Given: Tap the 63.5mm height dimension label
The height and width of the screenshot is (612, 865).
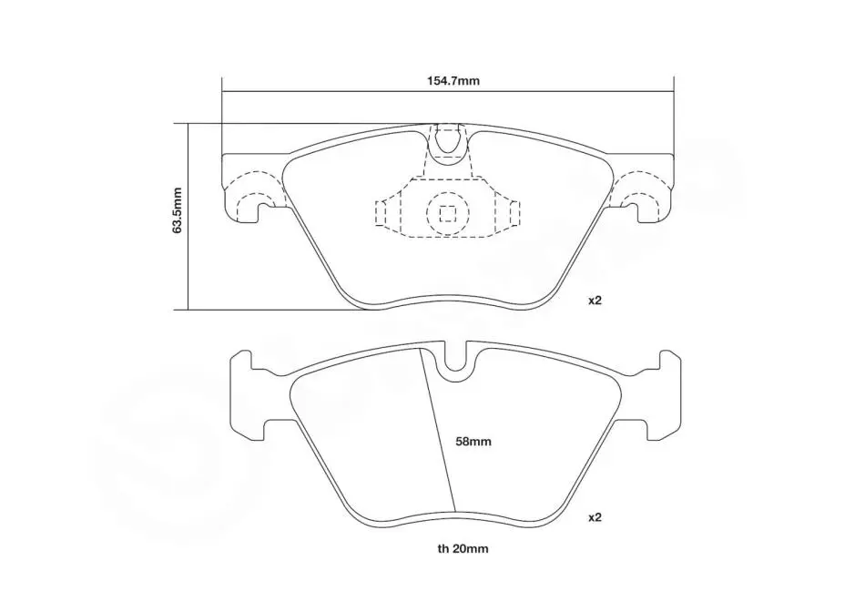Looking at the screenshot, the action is click(177, 210).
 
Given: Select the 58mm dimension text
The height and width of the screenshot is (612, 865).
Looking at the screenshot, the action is click(473, 442).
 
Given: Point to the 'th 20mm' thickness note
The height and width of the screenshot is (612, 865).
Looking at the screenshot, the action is click(463, 548).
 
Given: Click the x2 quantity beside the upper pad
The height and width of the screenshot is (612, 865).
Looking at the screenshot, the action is click(595, 301).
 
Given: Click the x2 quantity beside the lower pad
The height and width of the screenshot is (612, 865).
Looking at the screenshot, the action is click(595, 517).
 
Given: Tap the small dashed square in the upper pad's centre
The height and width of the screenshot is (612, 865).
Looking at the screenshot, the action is click(447, 212).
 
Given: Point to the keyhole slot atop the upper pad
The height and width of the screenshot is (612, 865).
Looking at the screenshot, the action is click(447, 144).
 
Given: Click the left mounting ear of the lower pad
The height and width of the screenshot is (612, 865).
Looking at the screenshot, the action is click(247, 395).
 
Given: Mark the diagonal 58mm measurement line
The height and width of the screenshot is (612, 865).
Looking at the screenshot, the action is click(438, 430).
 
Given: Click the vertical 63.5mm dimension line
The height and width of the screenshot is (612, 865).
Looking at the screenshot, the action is click(188, 217).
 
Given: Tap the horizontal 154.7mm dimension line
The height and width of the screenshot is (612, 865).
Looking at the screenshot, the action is click(448, 90).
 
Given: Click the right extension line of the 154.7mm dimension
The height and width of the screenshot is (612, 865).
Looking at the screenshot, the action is click(675, 115).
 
